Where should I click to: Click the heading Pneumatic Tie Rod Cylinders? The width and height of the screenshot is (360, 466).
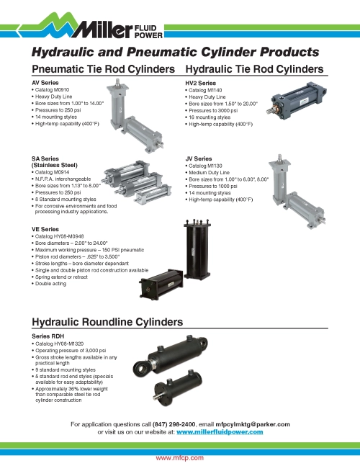(x=104, y=69)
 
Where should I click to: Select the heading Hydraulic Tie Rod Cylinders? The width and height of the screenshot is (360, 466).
(x=255, y=69)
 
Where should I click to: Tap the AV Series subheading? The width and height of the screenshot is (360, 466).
(x=45, y=83)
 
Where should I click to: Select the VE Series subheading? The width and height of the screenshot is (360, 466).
(x=45, y=228)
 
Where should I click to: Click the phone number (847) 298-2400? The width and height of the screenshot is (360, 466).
(x=175, y=425)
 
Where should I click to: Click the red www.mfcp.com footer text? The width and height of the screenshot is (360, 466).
(x=180, y=457)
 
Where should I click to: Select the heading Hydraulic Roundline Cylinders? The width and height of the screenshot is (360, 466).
(x=104, y=322)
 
